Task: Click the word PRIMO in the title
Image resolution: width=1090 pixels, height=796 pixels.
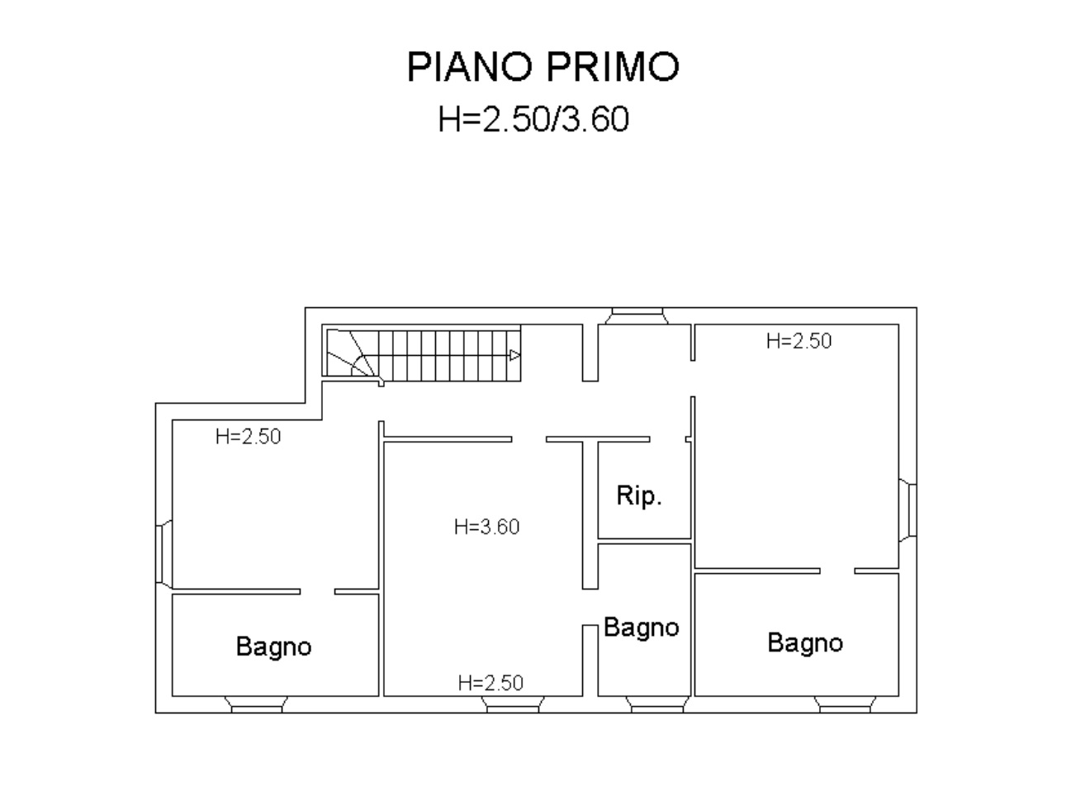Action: [x=613, y=67]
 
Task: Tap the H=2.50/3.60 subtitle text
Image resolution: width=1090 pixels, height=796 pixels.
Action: [x=533, y=119]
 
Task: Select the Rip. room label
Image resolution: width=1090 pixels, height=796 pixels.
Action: [x=639, y=495]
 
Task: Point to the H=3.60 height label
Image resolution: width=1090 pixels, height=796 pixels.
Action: [x=486, y=527]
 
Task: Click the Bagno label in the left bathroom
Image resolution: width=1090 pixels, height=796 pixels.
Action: [x=273, y=647]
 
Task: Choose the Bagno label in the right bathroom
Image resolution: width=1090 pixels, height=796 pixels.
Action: [x=805, y=643]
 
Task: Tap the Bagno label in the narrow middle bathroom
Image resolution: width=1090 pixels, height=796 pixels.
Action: [x=642, y=628]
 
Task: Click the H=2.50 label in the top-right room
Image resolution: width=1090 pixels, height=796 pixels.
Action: [x=799, y=341]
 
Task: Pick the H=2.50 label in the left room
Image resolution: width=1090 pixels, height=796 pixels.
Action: [x=249, y=437]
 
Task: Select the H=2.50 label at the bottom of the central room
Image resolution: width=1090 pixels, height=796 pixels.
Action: [x=490, y=683]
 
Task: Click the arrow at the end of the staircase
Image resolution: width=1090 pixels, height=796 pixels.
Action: [x=514, y=356]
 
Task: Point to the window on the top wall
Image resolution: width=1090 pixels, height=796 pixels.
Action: [x=637, y=315]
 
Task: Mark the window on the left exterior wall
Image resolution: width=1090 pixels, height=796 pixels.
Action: [x=164, y=554]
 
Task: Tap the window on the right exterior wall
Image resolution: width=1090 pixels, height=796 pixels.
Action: [x=908, y=510]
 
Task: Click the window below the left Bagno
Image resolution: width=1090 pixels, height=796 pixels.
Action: [x=257, y=704]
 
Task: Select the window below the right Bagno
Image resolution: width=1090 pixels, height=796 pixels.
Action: [x=845, y=704]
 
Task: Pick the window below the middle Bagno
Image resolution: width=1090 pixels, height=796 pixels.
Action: [x=657, y=704]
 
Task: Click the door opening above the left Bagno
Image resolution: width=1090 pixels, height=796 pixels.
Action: [x=317, y=592]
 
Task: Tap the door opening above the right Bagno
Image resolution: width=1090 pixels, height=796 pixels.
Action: [x=837, y=571]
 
